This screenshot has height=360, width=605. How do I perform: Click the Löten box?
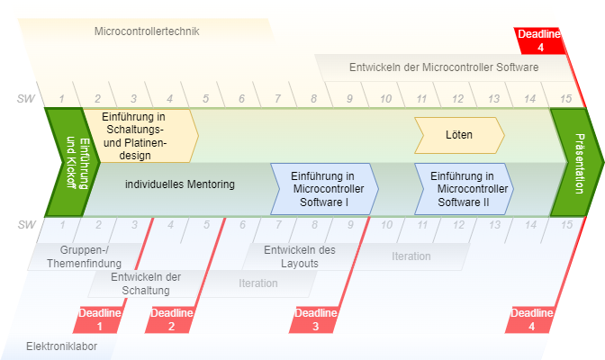pos(458,135)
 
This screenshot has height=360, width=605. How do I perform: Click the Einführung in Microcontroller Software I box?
pos(324,189)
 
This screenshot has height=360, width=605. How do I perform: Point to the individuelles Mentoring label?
pos(180,184)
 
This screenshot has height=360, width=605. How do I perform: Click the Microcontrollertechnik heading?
pos(147,31)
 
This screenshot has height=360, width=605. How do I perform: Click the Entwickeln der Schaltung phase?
pos(147,283)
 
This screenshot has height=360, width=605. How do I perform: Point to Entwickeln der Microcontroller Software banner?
pos(444,67)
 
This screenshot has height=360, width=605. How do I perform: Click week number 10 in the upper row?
pos(385,98)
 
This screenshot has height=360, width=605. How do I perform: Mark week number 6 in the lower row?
pos(242,224)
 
